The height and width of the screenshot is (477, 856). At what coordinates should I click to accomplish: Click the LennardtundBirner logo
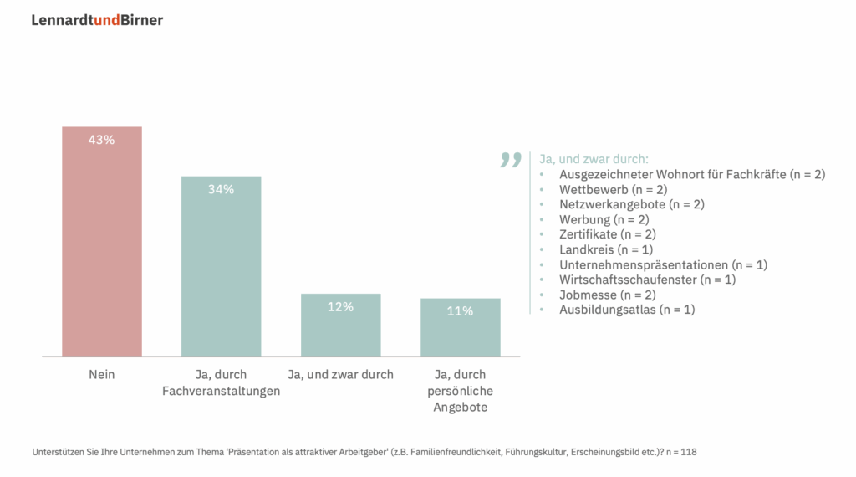pos(97,20)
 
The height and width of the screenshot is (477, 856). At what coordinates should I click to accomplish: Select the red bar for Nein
pos(102,251)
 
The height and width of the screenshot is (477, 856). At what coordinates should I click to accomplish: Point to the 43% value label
pos(102,140)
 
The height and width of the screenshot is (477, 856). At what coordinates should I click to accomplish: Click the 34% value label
pos(222,189)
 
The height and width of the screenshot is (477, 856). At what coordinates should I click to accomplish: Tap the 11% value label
pos(460,311)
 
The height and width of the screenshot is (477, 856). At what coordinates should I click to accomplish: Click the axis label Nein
pos(102,375)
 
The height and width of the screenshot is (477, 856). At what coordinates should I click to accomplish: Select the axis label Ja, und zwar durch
pos(340,375)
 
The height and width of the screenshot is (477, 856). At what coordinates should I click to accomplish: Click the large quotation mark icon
pos(510,160)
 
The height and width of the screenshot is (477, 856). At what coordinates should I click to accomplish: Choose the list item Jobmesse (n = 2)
pos(608,295)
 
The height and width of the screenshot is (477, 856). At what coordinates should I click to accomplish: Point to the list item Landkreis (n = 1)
pos(606,250)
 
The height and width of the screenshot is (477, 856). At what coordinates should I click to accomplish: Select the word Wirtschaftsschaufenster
pos(628,280)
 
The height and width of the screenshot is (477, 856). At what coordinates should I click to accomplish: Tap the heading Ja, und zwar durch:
pos(594,159)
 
